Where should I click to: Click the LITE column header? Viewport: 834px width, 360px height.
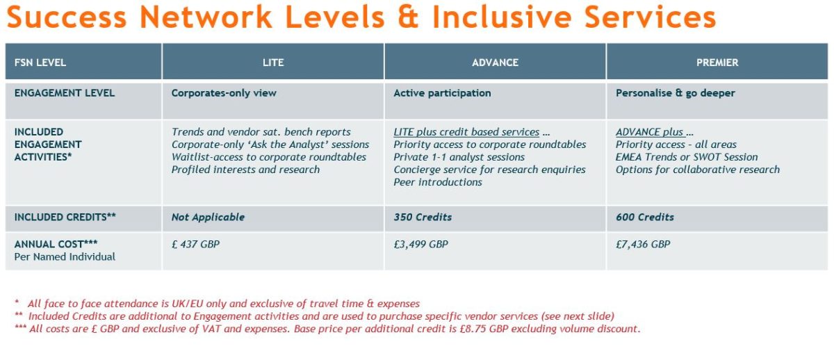(273, 62)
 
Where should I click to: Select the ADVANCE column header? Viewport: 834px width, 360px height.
(495, 62)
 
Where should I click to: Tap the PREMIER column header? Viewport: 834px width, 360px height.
(717, 62)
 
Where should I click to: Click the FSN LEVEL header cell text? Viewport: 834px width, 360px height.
(40, 62)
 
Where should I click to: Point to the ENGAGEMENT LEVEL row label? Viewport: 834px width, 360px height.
(65, 92)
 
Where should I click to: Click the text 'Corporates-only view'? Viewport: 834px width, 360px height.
(224, 93)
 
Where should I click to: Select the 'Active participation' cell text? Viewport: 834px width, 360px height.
(442, 93)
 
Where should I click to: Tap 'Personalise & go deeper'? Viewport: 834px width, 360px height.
(675, 93)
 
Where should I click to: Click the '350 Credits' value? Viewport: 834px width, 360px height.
(423, 217)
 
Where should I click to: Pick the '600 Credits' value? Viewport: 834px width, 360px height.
(644, 217)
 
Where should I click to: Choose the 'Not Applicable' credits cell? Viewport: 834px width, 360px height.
(208, 217)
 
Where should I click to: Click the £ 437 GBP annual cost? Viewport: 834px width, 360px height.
(195, 244)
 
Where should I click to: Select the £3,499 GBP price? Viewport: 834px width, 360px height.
(420, 244)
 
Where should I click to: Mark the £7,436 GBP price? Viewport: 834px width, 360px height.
(643, 244)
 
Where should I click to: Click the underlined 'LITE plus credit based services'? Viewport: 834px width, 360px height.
(466, 132)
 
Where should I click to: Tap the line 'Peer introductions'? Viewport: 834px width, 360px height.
(437, 182)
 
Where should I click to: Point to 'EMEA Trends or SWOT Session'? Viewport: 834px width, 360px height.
(687, 157)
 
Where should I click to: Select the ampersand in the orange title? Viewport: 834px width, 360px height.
(408, 17)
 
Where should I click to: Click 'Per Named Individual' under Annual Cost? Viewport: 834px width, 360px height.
(65, 257)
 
